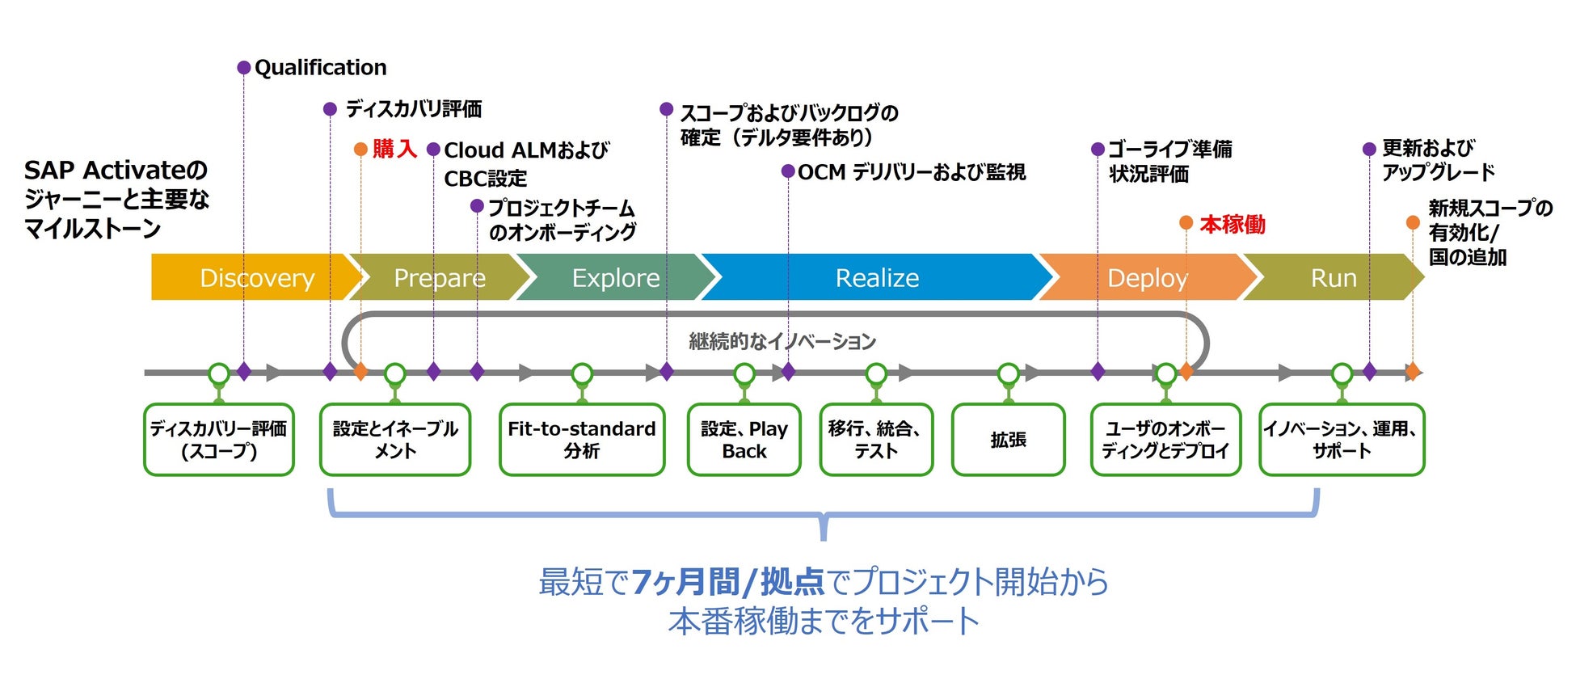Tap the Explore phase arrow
click(615, 277)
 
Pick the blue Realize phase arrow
click(877, 277)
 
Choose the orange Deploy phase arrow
click(1147, 277)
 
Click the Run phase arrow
click(1333, 277)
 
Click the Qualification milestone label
click(320, 68)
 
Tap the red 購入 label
click(394, 150)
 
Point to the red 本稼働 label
click(1233, 224)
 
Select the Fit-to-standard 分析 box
click(582, 440)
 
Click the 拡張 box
click(1008, 440)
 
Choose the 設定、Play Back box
click(744, 440)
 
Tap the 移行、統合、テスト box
click(876, 440)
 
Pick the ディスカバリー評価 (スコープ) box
click(219, 440)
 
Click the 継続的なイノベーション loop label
click(782, 342)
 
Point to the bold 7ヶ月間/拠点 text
click(727, 582)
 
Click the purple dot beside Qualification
click(243, 68)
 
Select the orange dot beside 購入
click(360, 150)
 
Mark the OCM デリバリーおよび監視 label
click(911, 172)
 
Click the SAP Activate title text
click(116, 199)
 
